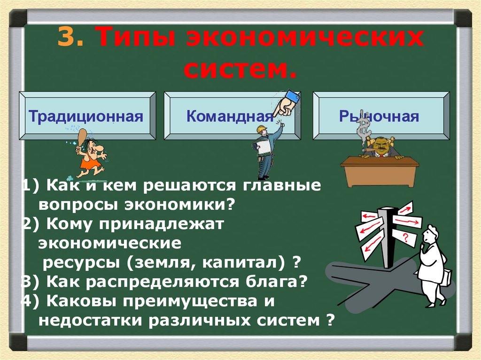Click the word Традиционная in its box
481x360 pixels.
click(86, 116)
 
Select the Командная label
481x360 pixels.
click(229, 116)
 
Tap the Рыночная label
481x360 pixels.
click(379, 116)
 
